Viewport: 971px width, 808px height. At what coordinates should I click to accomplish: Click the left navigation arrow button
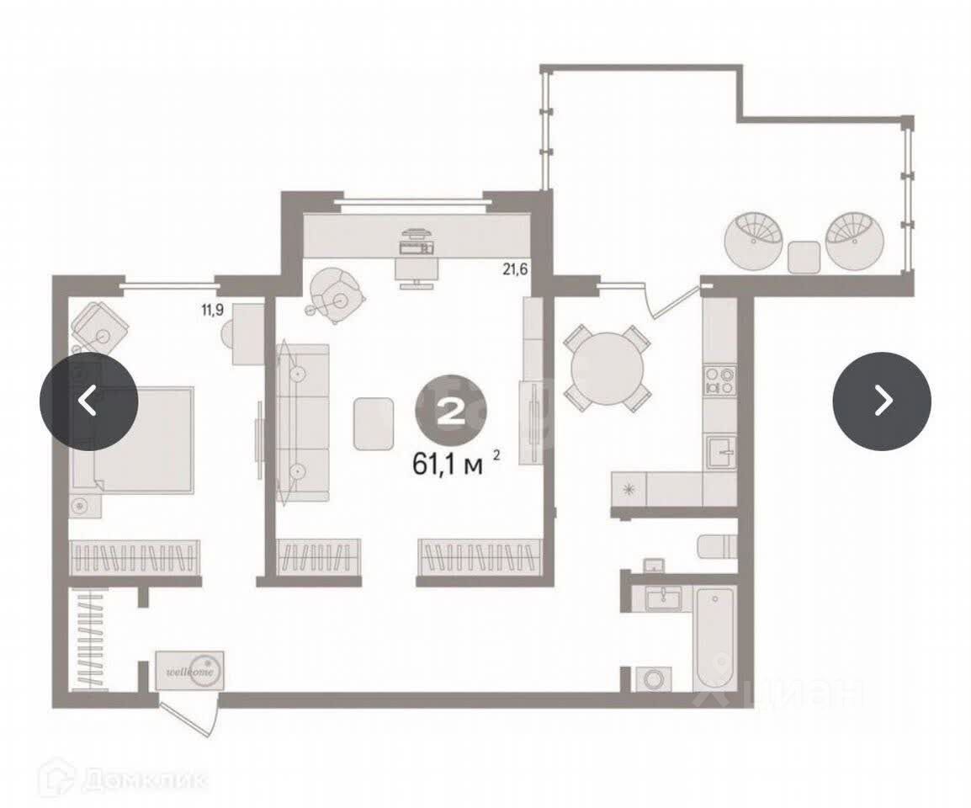pyautogui.click(x=88, y=401)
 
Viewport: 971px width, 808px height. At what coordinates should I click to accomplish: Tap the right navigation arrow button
pyautogui.click(x=881, y=401)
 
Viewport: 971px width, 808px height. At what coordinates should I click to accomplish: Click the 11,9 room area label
pyautogui.click(x=211, y=309)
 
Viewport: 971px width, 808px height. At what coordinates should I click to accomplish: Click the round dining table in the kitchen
pyautogui.click(x=607, y=367)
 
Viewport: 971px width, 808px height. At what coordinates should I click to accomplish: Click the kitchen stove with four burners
pyautogui.click(x=719, y=380)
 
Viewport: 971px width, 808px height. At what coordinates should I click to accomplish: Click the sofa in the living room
pyautogui.click(x=301, y=423)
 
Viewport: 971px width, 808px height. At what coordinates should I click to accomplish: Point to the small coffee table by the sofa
pyautogui.click(x=374, y=423)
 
